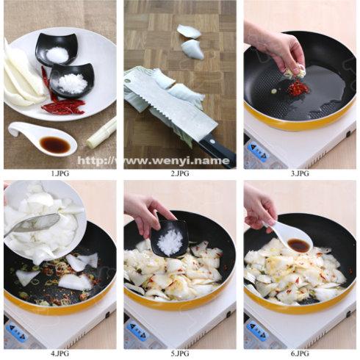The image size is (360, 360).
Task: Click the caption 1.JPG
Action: (x=60, y=173)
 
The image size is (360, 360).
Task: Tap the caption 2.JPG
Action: (x=180, y=173)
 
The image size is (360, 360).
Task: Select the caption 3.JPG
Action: (x=300, y=173)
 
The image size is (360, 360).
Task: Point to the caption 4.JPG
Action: (x=60, y=353)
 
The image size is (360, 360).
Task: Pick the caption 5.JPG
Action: (x=180, y=353)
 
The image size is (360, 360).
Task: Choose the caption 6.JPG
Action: (x=300, y=353)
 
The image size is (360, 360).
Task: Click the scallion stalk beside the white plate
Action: (x=101, y=134)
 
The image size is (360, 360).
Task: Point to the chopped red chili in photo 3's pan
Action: (x=298, y=88)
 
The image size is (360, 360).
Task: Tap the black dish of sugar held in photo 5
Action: (x=169, y=238)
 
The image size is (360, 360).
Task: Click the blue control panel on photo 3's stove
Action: (x=258, y=152)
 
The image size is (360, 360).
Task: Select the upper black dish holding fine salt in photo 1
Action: (x=57, y=49)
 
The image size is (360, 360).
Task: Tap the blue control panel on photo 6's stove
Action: (x=257, y=331)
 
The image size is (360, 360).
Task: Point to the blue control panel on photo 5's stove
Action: (x=137, y=331)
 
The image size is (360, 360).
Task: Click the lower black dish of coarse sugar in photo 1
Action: (x=72, y=80)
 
